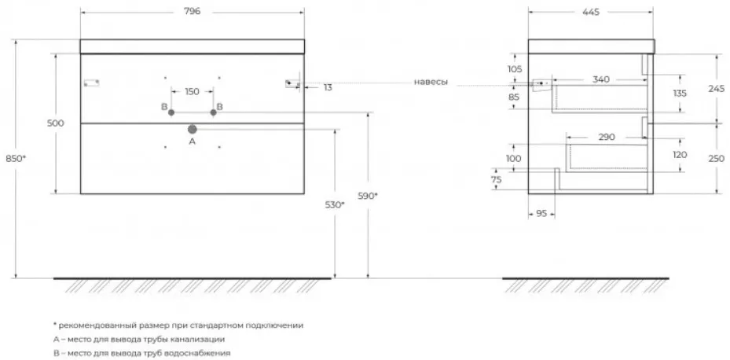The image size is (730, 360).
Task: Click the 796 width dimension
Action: click(192, 12)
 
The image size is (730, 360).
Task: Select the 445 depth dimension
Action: click(590, 12)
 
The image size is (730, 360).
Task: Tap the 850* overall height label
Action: click(16, 158)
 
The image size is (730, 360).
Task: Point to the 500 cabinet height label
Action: click(56, 123)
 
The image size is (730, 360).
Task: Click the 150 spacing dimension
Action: click(192, 92)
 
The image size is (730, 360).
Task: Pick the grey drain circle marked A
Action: click(193, 130)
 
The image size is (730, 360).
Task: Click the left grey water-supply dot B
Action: click(171, 112)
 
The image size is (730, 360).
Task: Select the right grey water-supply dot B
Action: click(213, 112)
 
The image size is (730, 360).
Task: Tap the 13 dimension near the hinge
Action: click(328, 87)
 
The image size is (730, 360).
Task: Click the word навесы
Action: click(431, 83)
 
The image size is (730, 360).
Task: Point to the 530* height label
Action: click(335, 204)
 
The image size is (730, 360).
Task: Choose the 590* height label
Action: click(368, 196)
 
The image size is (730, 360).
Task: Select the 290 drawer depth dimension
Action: click(607, 138)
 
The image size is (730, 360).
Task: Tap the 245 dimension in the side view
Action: click(717, 89)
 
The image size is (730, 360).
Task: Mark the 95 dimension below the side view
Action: click(541, 214)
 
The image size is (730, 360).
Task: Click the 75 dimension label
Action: click(497, 180)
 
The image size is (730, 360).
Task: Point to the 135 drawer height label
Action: click(680, 93)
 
